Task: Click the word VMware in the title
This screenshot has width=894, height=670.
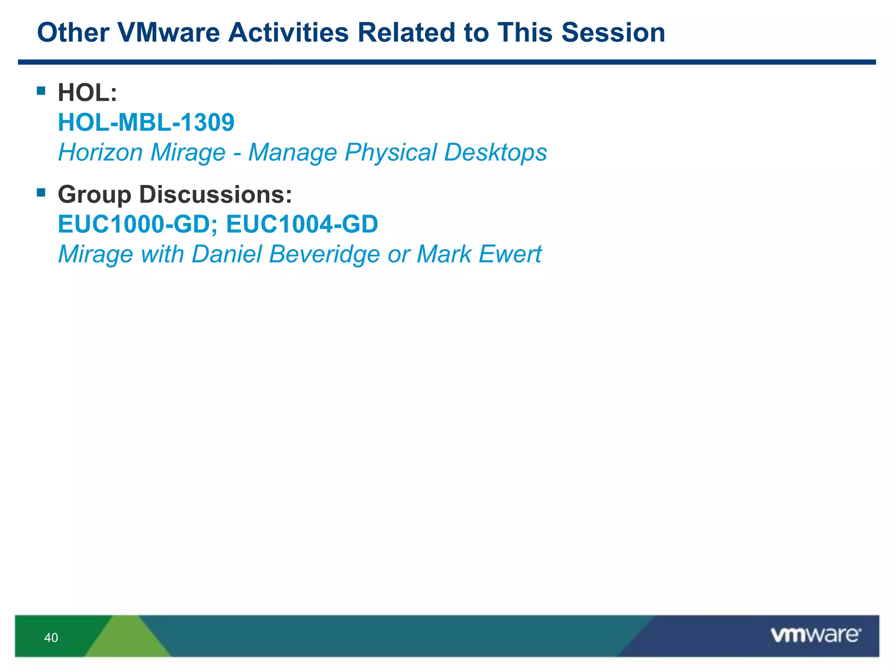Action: pyautogui.click(x=168, y=33)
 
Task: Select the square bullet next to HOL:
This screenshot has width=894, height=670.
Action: pyautogui.click(x=41, y=91)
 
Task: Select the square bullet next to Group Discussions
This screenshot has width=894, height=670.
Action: pyautogui.click(x=41, y=192)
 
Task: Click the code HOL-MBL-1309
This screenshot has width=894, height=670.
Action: pyautogui.click(x=146, y=123)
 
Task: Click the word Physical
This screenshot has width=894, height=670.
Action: pyautogui.click(x=390, y=153)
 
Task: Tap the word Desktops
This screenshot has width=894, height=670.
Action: pyautogui.click(x=495, y=153)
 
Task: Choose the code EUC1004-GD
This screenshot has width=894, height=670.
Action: pyautogui.click(x=302, y=224)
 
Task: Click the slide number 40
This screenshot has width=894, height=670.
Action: pyautogui.click(x=51, y=638)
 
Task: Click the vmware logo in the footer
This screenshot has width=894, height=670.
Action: pyautogui.click(x=815, y=635)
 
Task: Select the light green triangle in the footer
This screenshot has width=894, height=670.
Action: pyautogui.click(x=127, y=641)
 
